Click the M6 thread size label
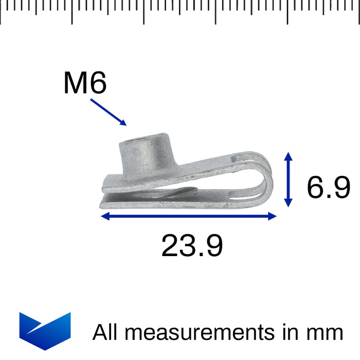pos(85,83)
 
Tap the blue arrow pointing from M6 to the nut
pos(109,112)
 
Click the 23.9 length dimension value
pos(192,246)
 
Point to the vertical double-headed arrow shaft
pos(289,179)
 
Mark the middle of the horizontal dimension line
pos(189,217)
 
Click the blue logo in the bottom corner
pos(45,331)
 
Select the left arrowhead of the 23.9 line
pos(104,217)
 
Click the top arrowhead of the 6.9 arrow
pos(289,156)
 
